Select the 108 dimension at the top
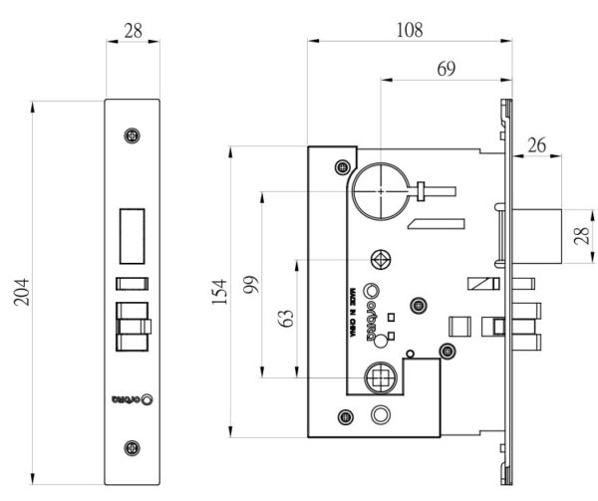[x=409, y=30]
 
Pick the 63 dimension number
[x=287, y=319]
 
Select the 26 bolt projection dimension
[x=537, y=145]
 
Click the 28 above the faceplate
[x=133, y=31]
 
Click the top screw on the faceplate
[x=133, y=135]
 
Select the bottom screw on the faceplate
[x=133, y=448]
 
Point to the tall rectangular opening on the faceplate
[x=133, y=233]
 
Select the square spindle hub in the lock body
[x=380, y=377]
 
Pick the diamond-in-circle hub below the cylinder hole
[x=380, y=259]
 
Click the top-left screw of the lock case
[x=343, y=164]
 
